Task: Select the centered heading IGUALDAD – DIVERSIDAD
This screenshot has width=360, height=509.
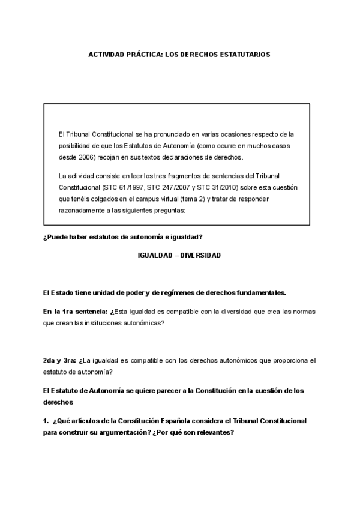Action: [x=179, y=255]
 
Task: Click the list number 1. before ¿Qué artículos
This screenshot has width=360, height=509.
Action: [x=46, y=421]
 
